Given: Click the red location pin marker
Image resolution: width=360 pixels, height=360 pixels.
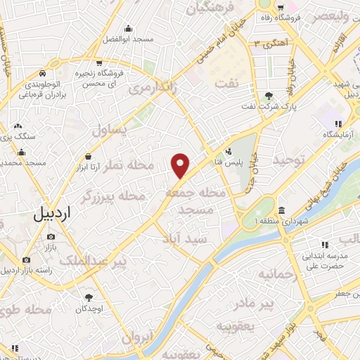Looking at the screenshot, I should [x=181, y=165].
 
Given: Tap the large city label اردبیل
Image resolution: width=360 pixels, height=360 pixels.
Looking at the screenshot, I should [x=52, y=214].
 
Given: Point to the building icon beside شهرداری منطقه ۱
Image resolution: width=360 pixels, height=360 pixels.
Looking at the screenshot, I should [x=281, y=211].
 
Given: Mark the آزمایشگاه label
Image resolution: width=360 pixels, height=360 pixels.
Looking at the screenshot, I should [x=335, y=134].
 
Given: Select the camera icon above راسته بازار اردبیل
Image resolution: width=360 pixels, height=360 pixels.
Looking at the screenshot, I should [x=27, y=259].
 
